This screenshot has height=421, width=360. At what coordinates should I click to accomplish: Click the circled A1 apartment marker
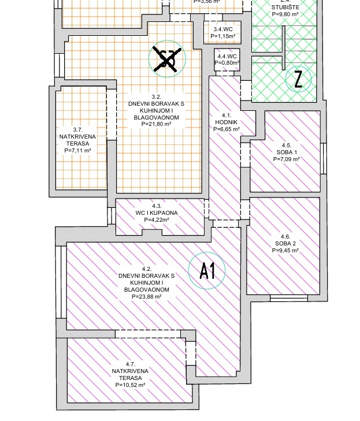click(x=207, y=270)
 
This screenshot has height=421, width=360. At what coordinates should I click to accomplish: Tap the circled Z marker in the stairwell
click(x=298, y=79)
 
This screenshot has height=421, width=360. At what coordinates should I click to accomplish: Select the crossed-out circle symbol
click(x=166, y=59)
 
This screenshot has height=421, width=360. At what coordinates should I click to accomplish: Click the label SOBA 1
click(x=287, y=152)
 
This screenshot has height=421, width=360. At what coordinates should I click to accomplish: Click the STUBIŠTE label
click(x=285, y=8)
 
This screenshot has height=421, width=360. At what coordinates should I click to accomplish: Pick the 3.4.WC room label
click(x=223, y=29)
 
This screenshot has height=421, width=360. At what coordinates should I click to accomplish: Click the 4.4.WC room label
click(x=227, y=57)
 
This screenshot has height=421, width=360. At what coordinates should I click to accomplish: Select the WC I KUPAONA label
click(x=157, y=213)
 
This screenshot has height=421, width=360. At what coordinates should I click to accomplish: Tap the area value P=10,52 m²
click(x=130, y=385)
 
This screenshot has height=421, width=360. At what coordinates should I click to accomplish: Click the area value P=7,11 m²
click(x=77, y=151)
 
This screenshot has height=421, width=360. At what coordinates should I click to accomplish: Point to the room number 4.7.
click(x=130, y=364)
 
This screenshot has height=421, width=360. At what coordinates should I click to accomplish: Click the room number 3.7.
click(x=77, y=130)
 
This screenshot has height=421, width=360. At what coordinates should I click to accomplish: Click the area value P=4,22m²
click(x=157, y=220)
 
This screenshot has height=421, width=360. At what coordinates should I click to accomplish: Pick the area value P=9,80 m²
click(x=285, y=14)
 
